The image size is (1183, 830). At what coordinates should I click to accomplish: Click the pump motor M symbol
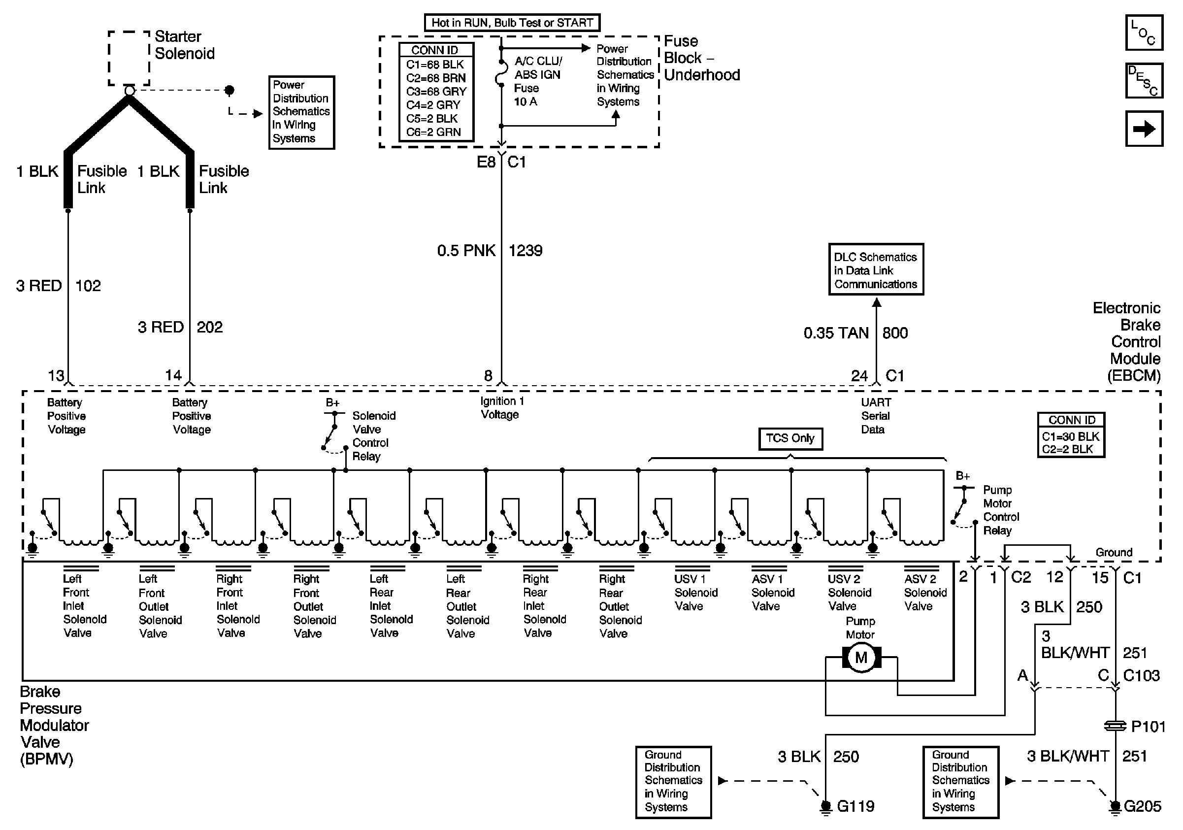point(861,658)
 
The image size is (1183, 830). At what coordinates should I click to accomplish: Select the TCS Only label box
point(790,438)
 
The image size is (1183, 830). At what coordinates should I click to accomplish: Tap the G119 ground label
point(855,806)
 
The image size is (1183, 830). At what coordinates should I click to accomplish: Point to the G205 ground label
point(1142,806)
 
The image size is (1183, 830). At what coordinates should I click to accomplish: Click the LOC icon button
point(1144,33)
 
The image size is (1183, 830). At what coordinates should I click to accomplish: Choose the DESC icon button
point(1144,80)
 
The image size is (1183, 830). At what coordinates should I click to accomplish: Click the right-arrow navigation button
point(1144,128)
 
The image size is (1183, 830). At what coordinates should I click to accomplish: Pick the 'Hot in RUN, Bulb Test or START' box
point(512,23)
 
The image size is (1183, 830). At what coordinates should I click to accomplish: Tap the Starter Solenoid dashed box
point(129,58)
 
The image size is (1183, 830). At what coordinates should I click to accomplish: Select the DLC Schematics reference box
point(875,270)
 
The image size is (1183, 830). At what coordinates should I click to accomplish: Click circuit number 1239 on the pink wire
point(525,251)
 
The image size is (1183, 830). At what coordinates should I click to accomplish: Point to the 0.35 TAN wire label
point(836,333)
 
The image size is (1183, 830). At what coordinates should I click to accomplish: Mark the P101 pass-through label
point(1148,727)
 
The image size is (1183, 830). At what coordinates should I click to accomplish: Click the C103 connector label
point(1141,675)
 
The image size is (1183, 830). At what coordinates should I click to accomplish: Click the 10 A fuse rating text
point(526,102)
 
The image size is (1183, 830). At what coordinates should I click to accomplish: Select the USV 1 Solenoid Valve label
point(695,593)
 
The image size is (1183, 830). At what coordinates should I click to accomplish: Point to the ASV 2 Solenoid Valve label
point(925,593)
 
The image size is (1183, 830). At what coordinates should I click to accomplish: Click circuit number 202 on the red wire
point(210,327)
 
